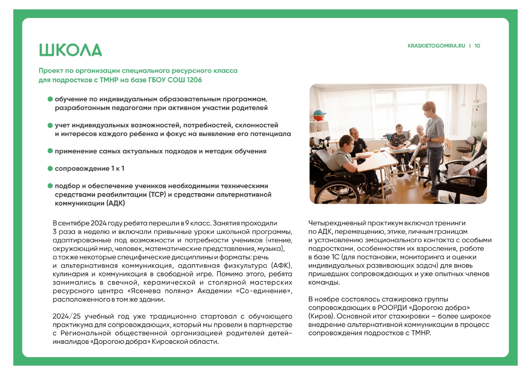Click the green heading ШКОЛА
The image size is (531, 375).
[x=70, y=50]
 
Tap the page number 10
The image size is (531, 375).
[x=477, y=46]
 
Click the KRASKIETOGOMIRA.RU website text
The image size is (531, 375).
[x=436, y=46]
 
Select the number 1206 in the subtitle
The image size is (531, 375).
[x=194, y=80]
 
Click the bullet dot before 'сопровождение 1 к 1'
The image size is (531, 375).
[x=50, y=168]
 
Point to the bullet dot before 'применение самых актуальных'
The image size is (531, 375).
[x=50, y=151]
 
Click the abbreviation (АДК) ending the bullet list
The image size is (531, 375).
[x=116, y=203]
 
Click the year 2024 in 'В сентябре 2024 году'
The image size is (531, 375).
[x=98, y=223]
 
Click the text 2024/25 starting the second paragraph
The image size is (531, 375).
[x=67, y=316]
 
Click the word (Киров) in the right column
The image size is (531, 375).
[x=321, y=316]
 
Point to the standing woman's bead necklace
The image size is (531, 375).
[x=429, y=122]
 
